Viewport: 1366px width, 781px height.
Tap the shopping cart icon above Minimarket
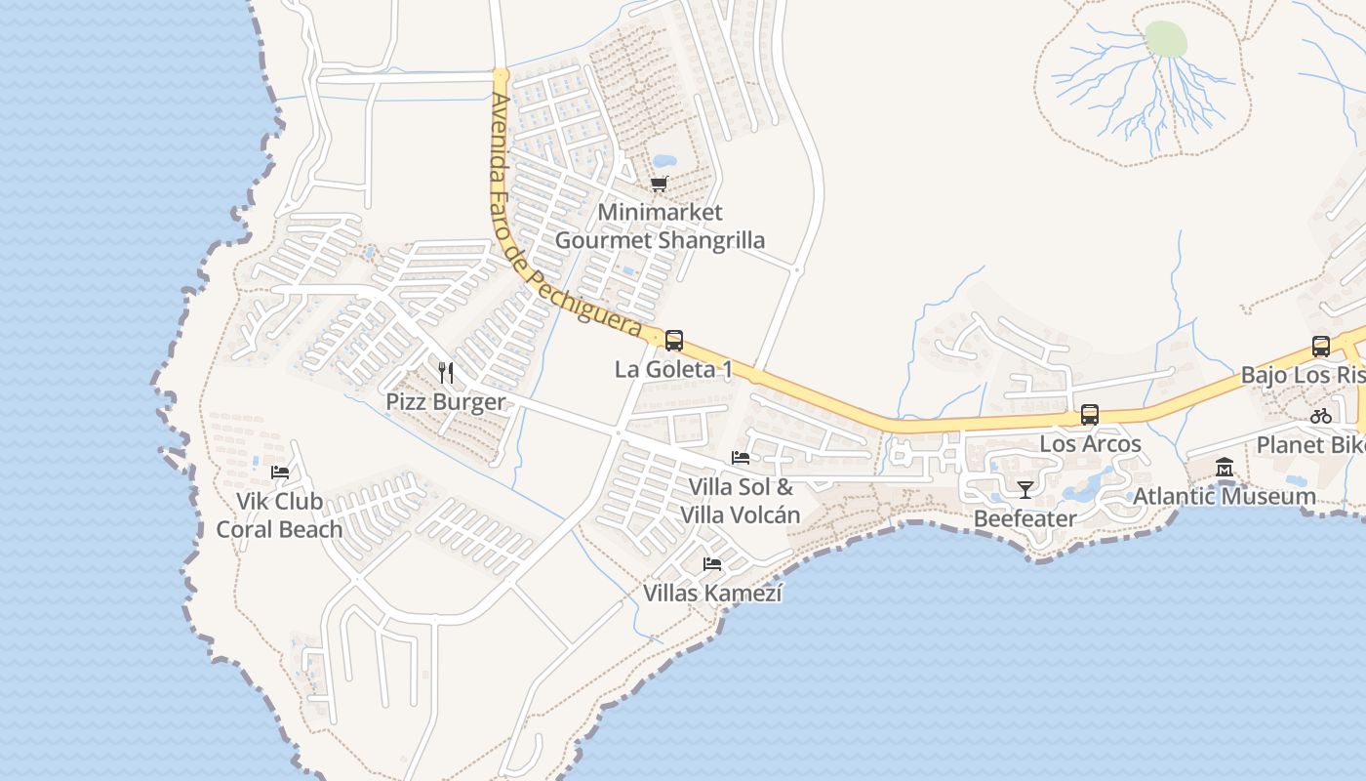click(x=660, y=184)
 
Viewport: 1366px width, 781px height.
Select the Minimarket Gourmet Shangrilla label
click(x=660, y=226)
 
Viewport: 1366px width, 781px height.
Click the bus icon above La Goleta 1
click(x=673, y=341)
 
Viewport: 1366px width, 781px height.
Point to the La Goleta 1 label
click(x=673, y=370)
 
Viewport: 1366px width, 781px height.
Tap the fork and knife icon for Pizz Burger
click(x=446, y=372)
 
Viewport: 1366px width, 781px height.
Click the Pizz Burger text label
click(x=446, y=401)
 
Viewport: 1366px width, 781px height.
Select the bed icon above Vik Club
click(x=280, y=472)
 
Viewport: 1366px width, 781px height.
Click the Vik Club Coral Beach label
click(x=279, y=515)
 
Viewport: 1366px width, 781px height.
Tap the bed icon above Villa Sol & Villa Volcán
click(x=741, y=457)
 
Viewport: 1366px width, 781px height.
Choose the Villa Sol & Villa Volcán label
click(x=741, y=501)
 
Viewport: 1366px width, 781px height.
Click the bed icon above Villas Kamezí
click(x=712, y=563)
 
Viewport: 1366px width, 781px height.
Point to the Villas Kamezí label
click(x=712, y=593)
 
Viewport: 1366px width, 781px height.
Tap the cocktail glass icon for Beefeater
click(x=1024, y=489)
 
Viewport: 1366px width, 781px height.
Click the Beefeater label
click(x=1024, y=518)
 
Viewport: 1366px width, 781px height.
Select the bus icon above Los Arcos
click(x=1090, y=415)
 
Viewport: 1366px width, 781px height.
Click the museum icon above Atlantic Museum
click(x=1225, y=468)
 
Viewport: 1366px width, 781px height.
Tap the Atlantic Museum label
click(x=1225, y=496)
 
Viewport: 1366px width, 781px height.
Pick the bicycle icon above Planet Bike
click(x=1321, y=416)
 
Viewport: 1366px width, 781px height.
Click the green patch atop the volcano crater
click(x=1165, y=39)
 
